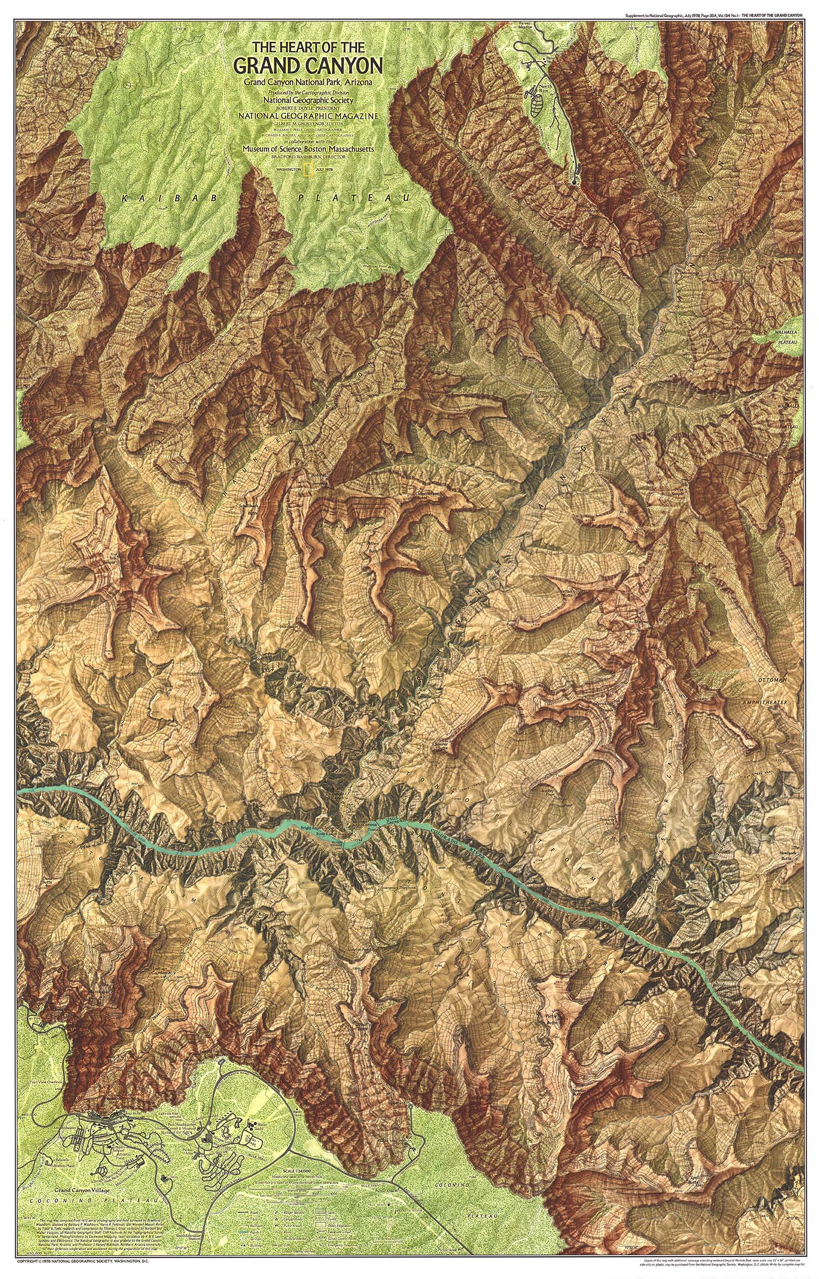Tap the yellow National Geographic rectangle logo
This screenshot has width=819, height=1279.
(x=307, y=170)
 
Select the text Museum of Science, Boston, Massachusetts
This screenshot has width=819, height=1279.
(x=307, y=150)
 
